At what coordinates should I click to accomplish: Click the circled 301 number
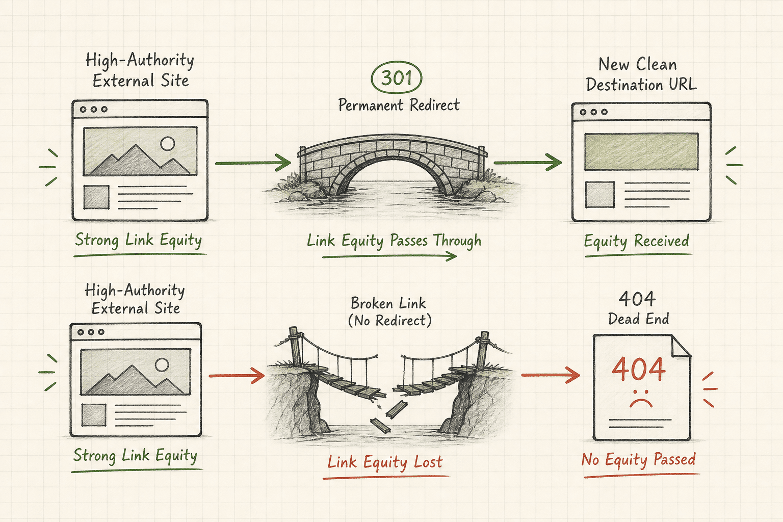pyautogui.click(x=397, y=77)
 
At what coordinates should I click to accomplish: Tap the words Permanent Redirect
pyautogui.click(x=399, y=105)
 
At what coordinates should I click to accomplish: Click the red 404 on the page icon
pyautogui.click(x=639, y=369)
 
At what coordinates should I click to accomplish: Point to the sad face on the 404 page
pyautogui.click(x=641, y=399)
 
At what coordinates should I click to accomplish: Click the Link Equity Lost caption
pyautogui.click(x=385, y=462)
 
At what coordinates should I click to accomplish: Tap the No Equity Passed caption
pyautogui.click(x=639, y=459)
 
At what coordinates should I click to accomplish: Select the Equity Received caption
pyautogui.click(x=637, y=241)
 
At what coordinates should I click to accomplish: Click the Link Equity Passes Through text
pyautogui.click(x=394, y=241)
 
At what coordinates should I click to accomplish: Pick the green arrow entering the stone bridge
pyautogui.click(x=253, y=163)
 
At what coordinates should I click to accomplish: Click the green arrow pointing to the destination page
pyautogui.click(x=528, y=163)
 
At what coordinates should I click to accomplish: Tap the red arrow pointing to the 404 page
pyautogui.click(x=551, y=375)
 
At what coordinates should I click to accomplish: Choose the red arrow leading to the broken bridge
pyautogui.click(x=237, y=376)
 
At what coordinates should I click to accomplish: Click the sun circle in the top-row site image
pyautogui.click(x=167, y=143)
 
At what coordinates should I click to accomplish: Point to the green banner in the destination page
pyautogui.click(x=641, y=151)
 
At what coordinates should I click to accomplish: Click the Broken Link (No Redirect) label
pyautogui.click(x=389, y=312)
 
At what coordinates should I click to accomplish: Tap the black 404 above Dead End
pyautogui.click(x=637, y=299)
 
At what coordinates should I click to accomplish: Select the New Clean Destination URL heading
pyautogui.click(x=641, y=74)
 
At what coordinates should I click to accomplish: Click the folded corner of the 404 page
pyautogui.click(x=681, y=346)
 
